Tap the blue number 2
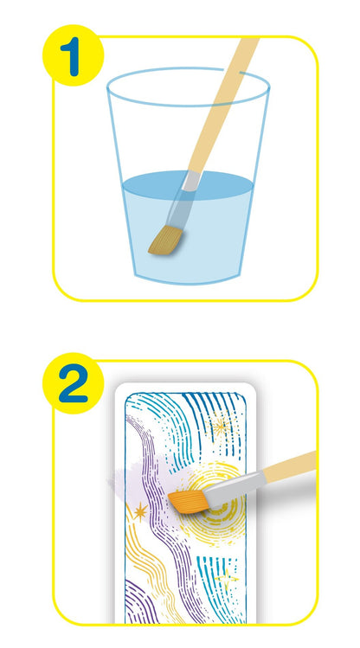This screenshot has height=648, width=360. pos(74,383)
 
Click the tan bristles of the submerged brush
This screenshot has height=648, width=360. pos(166,241)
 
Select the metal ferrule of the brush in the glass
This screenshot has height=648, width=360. pos(190,181)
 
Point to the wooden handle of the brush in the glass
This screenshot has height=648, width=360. pos(223,104)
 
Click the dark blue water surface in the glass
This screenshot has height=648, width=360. pos(188,185)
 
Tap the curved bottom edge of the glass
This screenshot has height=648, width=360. pos(188,280)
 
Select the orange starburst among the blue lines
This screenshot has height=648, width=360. pos(221,427)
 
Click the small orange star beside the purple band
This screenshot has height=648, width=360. pos(139,512)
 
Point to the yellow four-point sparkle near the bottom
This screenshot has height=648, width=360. pos(227,576)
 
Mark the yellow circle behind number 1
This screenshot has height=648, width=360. pos(74,55)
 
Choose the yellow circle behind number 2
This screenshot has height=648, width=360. pos(74,383)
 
